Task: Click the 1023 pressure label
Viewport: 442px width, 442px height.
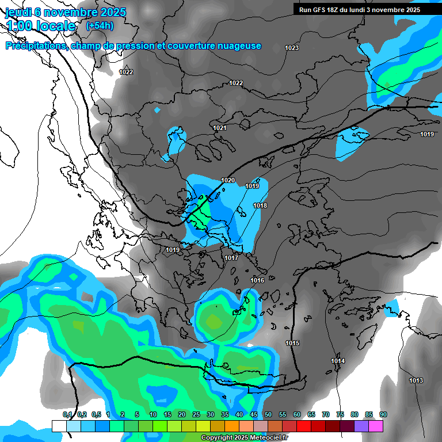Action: [292, 48]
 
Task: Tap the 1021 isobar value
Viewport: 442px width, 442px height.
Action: [219, 128]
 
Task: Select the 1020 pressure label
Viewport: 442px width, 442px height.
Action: [228, 180]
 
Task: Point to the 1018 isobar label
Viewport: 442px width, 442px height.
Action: [260, 205]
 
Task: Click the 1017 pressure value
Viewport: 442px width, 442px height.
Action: [231, 258]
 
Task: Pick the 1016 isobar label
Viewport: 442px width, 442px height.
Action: [257, 280]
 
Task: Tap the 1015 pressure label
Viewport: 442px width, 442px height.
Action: [292, 343]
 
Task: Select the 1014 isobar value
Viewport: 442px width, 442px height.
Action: [338, 361]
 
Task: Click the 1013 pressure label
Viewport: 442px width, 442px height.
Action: [416, 380]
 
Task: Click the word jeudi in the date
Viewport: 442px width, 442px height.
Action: [19, 12]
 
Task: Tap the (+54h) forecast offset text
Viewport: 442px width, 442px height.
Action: [100, 25]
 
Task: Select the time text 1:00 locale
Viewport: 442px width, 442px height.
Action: [41, 26]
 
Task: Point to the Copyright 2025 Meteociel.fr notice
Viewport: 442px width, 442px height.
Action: [245, 438]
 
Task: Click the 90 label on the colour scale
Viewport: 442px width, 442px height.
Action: [383, 414]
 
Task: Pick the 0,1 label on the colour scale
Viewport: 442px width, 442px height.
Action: [67, 414]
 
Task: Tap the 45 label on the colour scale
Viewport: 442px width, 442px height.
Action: [254, 414]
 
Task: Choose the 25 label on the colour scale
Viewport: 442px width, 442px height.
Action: [196, 414]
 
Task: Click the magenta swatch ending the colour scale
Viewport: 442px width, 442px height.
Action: [375, 426]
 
